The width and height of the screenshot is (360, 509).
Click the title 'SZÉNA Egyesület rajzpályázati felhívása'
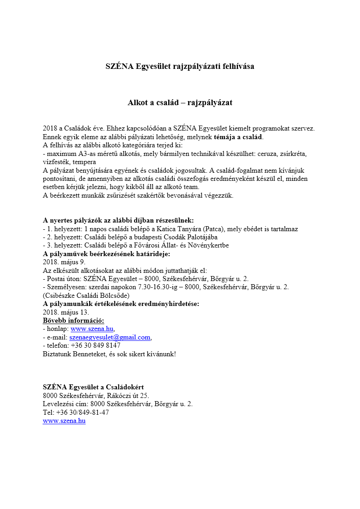180,66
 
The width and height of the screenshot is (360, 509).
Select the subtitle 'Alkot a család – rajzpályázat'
180,103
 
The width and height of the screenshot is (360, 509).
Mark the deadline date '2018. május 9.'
64,262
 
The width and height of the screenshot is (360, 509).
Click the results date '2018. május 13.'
66,312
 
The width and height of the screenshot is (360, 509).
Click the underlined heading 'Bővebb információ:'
73,320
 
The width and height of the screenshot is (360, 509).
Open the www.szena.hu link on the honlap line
92,329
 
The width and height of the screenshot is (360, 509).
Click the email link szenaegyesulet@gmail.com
110,337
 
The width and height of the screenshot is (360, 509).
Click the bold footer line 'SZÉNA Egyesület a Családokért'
93,387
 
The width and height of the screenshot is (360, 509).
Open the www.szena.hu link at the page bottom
64,421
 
